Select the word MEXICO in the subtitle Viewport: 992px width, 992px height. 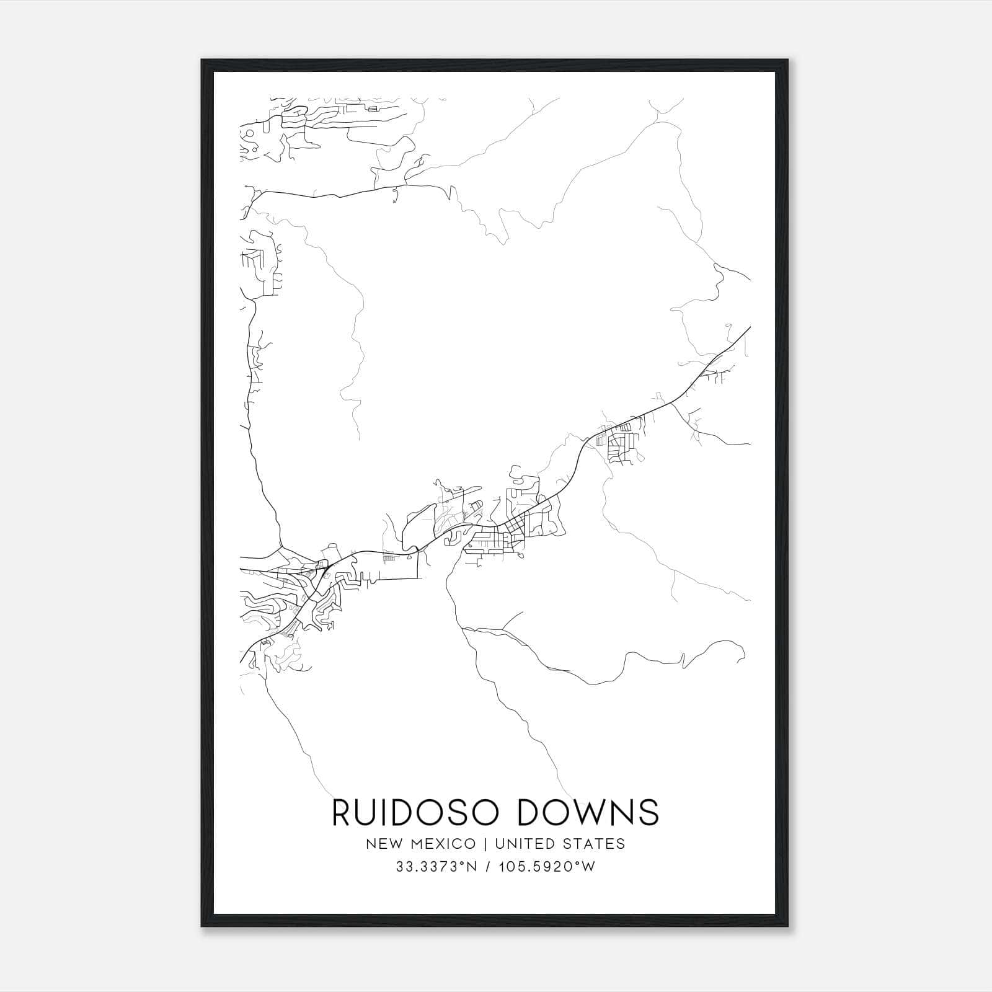(445, 844)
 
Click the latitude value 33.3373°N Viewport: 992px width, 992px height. (436, 867)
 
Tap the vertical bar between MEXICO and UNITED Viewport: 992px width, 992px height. (485, 844)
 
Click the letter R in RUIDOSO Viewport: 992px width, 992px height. (343, 812)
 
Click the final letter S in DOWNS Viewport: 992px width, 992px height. (649, 812)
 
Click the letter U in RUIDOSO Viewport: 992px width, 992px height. (371, 812)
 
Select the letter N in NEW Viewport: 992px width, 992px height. (371, 844)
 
